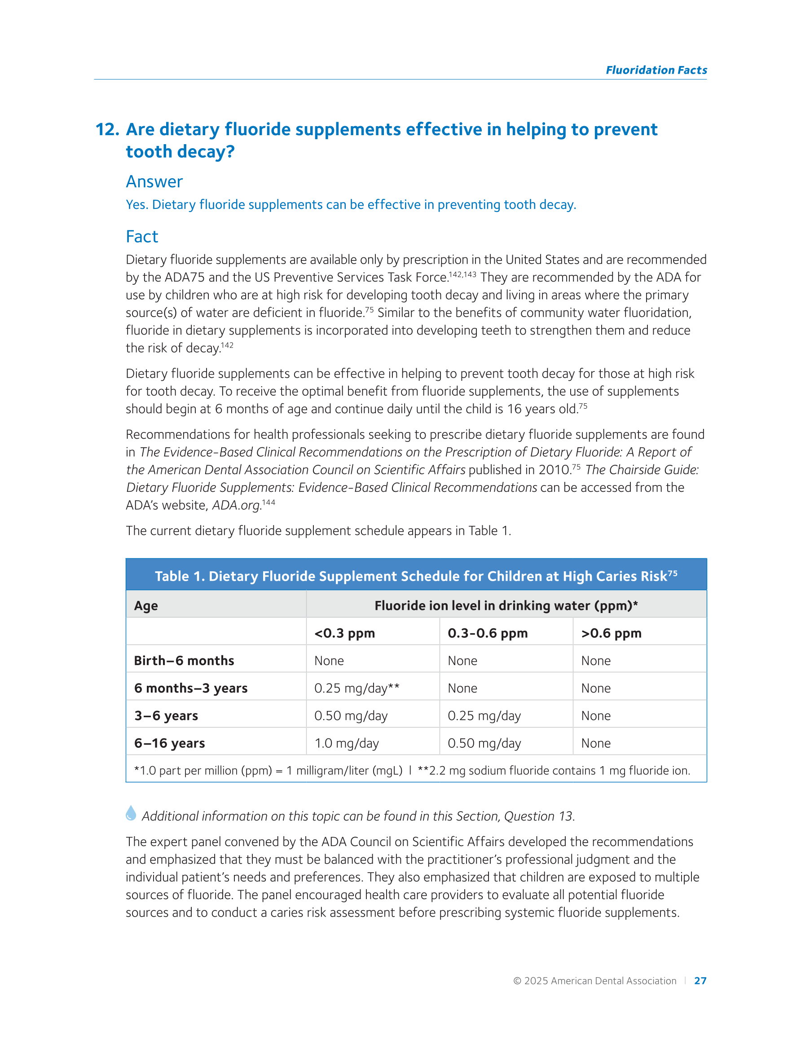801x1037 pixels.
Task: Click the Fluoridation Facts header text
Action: [x=656, y=70]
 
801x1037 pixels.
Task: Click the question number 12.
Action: [x=107, y=130]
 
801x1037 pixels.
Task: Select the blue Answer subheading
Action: [x=154, y=182]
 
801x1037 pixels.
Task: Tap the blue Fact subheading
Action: [x=141, y=237]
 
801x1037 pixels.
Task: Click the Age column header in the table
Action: [x=146, y=606]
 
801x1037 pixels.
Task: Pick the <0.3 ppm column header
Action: [x=344, y=633]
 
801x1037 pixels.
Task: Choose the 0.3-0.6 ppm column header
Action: [x=487, y=633]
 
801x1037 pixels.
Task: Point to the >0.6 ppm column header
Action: [x=611, y=633]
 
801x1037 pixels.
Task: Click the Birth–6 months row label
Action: [x=184, y=661]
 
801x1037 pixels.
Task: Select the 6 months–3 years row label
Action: [x=190, y=688]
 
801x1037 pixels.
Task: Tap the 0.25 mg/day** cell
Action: [x=356, y=688]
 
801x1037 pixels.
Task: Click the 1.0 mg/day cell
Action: [x=346, y=744]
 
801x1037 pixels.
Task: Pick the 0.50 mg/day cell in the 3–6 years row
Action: [x=350, y=716]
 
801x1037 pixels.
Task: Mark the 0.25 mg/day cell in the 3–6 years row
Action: [x=484, y=716]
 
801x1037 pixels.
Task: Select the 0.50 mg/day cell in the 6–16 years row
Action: [x=484, y=744]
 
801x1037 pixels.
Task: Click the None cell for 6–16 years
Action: [x=595, y=744]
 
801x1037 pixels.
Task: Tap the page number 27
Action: [x=700, y=981]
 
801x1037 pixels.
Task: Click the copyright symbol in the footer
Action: [x=517, y=981]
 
